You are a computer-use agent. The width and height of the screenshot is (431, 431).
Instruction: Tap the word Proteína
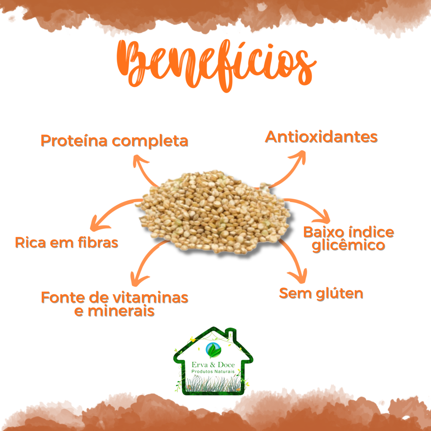74,141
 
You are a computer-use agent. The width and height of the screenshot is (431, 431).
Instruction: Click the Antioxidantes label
321,137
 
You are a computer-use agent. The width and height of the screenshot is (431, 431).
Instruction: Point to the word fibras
98,242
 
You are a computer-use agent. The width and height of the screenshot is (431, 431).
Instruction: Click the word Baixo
325,232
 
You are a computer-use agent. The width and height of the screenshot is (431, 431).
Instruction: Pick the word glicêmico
349,245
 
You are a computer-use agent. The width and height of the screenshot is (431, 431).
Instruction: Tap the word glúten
340,294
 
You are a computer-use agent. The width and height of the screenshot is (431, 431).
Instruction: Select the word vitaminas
151,298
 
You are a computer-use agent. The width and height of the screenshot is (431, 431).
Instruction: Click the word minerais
121,311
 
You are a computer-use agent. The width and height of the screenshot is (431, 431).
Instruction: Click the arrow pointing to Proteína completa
144,168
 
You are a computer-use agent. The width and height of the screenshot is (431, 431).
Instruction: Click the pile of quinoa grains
214,211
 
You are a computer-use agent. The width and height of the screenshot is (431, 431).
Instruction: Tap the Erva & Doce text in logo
213,365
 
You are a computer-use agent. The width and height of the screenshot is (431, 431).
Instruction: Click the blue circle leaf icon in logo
213,350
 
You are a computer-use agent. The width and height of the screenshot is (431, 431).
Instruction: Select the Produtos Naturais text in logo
213,372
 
